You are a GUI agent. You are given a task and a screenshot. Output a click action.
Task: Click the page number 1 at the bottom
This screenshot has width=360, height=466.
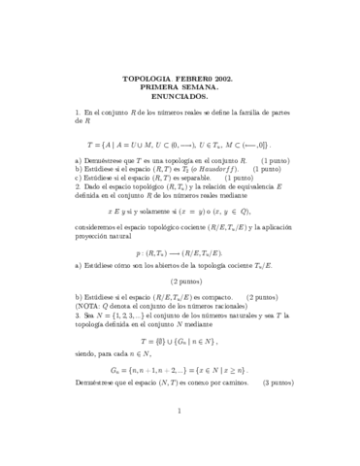pyautogui.click(x=180, y=438)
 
